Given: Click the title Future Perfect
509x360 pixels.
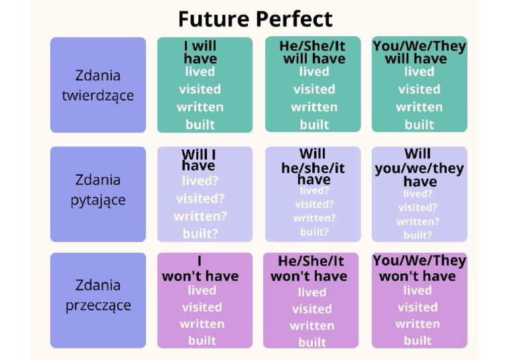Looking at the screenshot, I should [x=255, y=19].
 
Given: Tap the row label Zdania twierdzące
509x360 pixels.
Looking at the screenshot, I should [x=98, y=85].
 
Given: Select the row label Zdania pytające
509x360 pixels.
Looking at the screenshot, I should [x=98, y=190].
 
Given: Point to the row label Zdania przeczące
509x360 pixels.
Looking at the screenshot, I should [x=98, y=295].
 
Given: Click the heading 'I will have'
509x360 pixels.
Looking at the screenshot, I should [x=200, y=52].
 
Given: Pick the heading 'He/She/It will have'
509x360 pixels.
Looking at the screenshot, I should [x=314, y=52].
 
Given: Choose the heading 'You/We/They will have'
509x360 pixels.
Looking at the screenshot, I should [x=419, y=52].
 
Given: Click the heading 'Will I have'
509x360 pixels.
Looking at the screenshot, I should [x=199, y=160].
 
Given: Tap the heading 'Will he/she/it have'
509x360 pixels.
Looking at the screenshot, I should [x=313, y=167].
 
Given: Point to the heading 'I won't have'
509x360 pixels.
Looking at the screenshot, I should [x=200, y=269].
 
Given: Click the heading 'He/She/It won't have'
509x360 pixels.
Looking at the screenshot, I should [x=311, y=269].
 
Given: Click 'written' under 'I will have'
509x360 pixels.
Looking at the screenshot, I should [x=200, y=107].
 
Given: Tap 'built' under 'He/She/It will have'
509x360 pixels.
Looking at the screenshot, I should [x=314, y=125].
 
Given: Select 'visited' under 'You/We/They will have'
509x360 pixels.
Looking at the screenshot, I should [x=419, y=89].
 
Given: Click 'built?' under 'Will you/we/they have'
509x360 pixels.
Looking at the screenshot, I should [x=418, y=235].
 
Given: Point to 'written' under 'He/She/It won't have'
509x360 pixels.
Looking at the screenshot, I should [x=311, y=326].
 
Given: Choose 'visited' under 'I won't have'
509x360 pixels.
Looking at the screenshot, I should [x=201, y=307].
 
